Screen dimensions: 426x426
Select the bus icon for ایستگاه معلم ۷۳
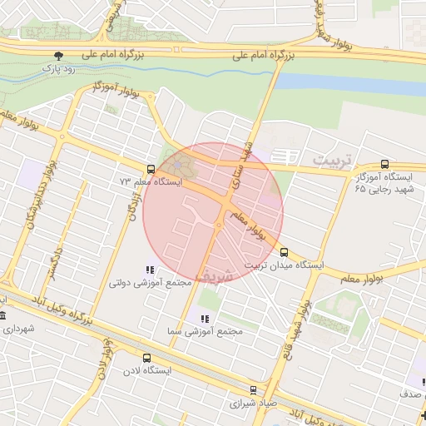150,167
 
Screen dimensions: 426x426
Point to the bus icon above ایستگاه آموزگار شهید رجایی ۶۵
384,165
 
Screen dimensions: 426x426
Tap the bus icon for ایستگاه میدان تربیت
284,252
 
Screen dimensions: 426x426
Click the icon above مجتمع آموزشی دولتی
150,270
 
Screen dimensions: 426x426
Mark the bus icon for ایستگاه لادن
146,357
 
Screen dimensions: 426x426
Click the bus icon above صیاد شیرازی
253,389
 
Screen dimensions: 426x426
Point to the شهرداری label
18,329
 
